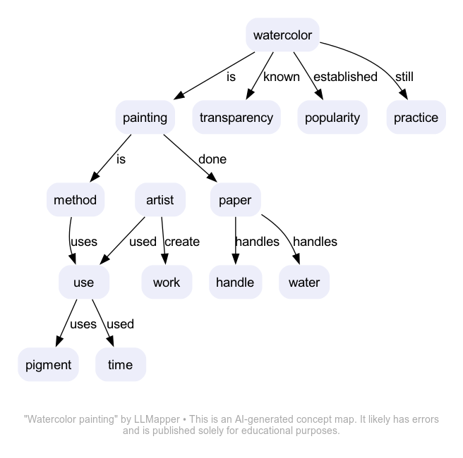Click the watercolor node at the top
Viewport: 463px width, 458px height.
point(282,35)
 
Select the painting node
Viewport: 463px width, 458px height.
point(145,118)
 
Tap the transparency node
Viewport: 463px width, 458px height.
point(236,118)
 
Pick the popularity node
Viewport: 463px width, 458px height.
point(332,118)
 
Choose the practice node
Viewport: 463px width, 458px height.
point(416,118)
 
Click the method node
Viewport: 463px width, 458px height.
point(75,200)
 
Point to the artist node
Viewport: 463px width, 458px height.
point(160,200)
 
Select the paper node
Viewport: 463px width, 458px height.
point(235,200)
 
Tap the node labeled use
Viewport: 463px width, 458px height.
point(83,283)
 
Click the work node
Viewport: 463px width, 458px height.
point(167,283)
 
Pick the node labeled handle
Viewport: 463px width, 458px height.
point(235,283)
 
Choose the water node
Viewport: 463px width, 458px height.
point(304,283)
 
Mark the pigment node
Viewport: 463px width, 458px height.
point(49,365)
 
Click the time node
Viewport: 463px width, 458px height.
point(120,365)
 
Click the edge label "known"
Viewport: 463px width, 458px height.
point(282,77)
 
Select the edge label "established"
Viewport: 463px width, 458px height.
point(345,77)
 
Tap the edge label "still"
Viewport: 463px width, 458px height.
point(404,77)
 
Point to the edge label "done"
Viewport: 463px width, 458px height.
point(212,159)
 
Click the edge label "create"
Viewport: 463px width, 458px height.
point(182,242)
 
